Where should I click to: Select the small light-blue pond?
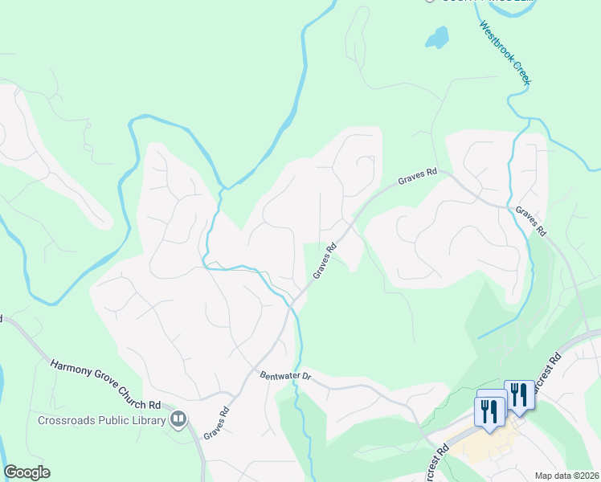pyautogui.click(x=436, y=37)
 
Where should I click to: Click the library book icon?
pyautogui.click(x=178, y=419)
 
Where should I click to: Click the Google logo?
pyautogui.click(x=27, y=472)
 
